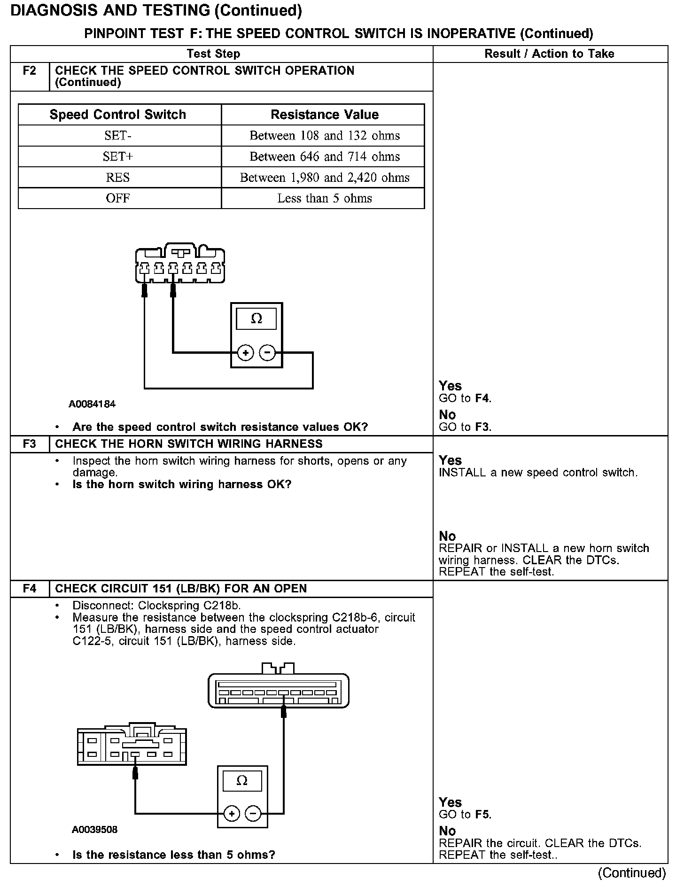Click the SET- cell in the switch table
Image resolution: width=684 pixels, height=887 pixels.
[x=118, y=136]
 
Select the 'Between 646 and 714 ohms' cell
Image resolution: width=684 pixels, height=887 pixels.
[x=325, y=156]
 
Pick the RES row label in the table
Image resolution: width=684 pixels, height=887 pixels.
[x=118, y=178]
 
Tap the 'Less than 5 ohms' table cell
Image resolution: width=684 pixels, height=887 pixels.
[x=325, y=198]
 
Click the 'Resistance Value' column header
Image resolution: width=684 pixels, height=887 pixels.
[x=325, y=115]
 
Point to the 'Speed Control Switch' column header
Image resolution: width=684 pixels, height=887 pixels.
[x=118, y=115]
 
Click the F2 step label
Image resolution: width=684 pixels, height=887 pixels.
[x=30, y=71]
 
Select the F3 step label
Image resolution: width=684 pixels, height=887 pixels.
[x=30, y=444]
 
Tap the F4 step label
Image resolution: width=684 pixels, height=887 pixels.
[x=30, y=589]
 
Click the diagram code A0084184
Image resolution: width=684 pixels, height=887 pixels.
[x=92, y=404]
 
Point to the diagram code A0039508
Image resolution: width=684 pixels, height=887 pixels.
[x=94, y=830]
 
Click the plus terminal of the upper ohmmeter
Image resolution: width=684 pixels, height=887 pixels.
[x=245, y=352]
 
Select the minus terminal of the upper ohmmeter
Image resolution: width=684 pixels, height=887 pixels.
[x=267, y=352]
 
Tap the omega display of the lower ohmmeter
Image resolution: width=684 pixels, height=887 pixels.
[x=242, y=781]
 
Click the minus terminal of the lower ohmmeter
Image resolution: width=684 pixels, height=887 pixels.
[x=253, y=813]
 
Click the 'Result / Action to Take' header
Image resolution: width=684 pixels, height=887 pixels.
[x=549, y=54]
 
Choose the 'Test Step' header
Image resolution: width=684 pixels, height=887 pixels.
[x=213, y=54]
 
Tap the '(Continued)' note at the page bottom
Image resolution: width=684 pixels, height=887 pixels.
[x=632, y=873]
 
